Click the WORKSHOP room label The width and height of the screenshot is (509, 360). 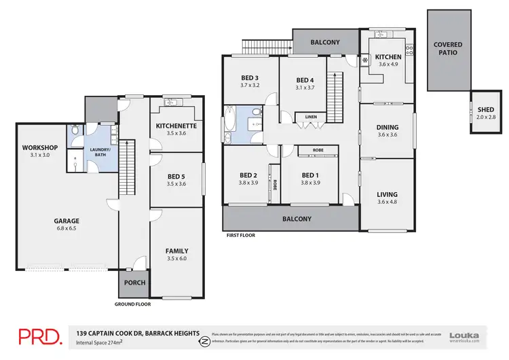coord(39,148)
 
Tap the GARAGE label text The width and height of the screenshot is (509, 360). coord(67,221)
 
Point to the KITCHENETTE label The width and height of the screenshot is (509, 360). coord(176,126)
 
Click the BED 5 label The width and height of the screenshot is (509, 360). coord(176,176)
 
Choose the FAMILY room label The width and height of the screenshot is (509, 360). coord(176,251)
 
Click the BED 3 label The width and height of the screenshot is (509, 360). coord(249,78)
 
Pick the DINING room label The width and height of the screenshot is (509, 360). coord(387,127)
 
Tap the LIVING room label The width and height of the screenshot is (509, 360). coord(387,195)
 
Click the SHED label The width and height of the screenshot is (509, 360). coord(485,109)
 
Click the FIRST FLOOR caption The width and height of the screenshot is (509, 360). coord(241,236)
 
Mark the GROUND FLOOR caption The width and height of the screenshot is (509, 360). coord(132,304)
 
